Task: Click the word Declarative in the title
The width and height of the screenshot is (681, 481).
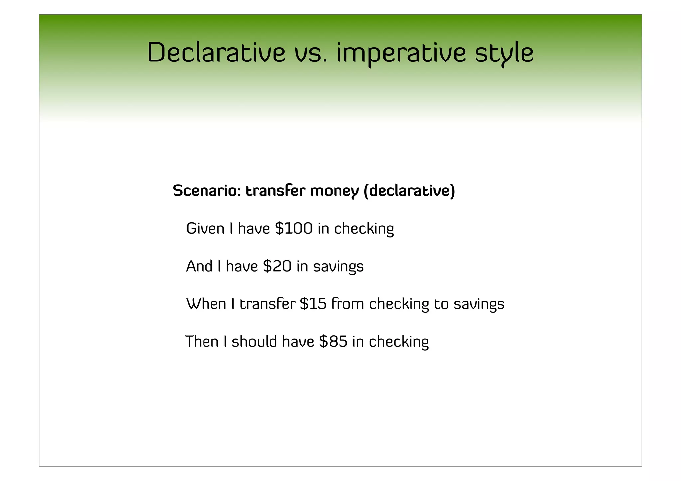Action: (x=216, y=53)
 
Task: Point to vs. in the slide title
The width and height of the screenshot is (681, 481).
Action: (x=311, y=53)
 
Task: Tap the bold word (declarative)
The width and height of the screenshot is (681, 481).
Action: (x=409, y=191)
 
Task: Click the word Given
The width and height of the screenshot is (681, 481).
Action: (x=205, y=229)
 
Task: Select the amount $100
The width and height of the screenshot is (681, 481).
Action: (x=294, y=229)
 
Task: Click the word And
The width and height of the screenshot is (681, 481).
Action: (x=199, y=266)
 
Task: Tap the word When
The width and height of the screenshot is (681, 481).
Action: (x=206, y=304)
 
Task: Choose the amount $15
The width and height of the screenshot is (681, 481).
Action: (x=313, y=304)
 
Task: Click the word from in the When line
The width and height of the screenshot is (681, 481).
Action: (x=348, y=304)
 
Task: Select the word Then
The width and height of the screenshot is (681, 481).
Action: (x=202, y=341)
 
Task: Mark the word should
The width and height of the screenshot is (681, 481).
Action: (x=254, y=341)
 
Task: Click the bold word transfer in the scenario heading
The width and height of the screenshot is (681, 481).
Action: (x=275, y=191)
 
